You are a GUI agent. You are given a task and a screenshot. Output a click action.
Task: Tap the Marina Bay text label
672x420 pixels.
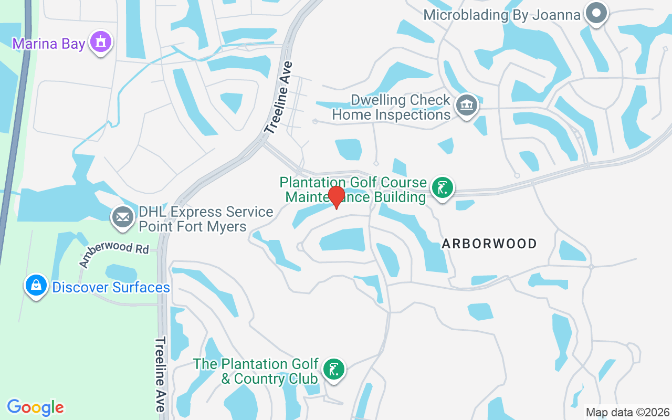(49, 44)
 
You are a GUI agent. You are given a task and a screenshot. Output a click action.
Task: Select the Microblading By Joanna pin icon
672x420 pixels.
(596, 13)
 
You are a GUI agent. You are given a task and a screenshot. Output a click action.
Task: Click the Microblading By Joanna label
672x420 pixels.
(502, 14)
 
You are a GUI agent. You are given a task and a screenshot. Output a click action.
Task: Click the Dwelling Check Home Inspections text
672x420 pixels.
(392, 107)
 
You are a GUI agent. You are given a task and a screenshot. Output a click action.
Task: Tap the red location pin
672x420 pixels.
(336, 197)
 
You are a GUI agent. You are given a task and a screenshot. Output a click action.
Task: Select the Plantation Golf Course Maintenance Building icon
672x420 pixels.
(442, 188)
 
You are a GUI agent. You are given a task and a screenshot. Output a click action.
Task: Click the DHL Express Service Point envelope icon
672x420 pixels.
(123, 217)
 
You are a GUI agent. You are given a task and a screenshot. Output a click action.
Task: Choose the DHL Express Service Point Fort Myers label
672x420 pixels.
(206, 219)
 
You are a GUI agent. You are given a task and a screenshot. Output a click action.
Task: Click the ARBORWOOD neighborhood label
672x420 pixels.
(489, 244)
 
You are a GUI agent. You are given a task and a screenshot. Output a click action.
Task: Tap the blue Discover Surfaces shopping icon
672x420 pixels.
(36, 285)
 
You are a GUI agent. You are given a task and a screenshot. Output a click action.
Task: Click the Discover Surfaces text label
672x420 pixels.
(111, 288)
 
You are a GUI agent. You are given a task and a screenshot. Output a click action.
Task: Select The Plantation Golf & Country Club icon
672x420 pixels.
(333, 369)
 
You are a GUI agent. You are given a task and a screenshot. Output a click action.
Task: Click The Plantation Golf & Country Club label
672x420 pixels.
(256, 371)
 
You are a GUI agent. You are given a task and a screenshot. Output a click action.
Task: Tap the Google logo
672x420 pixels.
(36, 407)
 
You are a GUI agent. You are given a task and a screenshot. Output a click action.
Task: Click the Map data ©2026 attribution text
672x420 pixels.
(628, 412)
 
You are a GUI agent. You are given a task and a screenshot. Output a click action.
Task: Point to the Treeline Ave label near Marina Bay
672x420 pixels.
(278, 98)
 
